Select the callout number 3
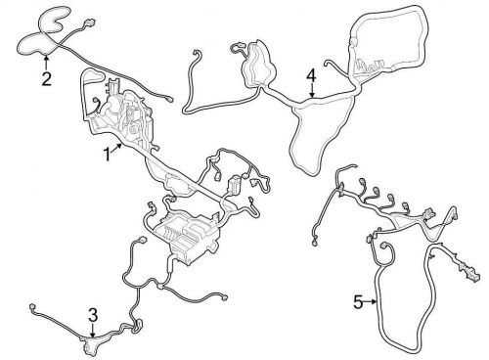tap(92, 314)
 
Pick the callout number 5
tap(358, 303)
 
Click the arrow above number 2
tap(45, 61)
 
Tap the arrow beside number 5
tap(374, 303)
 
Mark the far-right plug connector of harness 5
tap(474, 274)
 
